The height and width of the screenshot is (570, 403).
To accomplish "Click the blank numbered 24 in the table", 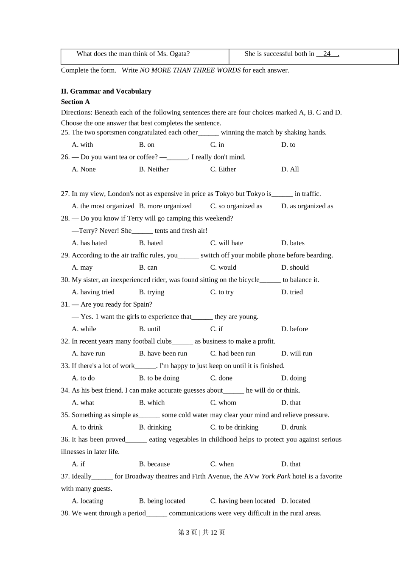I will [x=327, y=54].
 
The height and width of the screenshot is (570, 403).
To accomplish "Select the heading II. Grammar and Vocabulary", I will [x=106, y=91].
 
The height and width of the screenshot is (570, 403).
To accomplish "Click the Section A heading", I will [x=76, y=102].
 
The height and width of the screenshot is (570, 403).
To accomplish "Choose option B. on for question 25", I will [x=147, y=145].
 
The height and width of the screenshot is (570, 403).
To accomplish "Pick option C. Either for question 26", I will [x=223, y=169].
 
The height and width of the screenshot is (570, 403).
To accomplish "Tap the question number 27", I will [x=65, y=194].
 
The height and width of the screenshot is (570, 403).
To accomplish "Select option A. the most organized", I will [x=103, y=206].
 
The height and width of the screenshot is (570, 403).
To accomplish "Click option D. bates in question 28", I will [x=293, y=243].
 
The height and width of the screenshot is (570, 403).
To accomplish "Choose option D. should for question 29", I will [x=295, y=268].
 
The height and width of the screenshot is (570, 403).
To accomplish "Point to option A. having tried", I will [x=93, y=292].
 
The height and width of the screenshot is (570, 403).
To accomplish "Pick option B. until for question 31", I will [x=150, y=329].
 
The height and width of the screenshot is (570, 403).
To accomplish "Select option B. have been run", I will [x=163, y=354].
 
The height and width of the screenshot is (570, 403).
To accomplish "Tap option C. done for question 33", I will [x=221, y=378].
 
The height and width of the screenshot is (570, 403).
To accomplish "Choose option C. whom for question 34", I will [x=223, y=403].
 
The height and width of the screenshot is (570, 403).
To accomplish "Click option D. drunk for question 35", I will [x=294, y=427].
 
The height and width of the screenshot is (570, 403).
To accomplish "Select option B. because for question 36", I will [x=154, y=464].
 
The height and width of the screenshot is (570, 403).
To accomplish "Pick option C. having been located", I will [x=243, y=501].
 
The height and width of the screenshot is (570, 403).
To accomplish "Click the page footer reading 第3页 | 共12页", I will [x=201, y=533].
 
